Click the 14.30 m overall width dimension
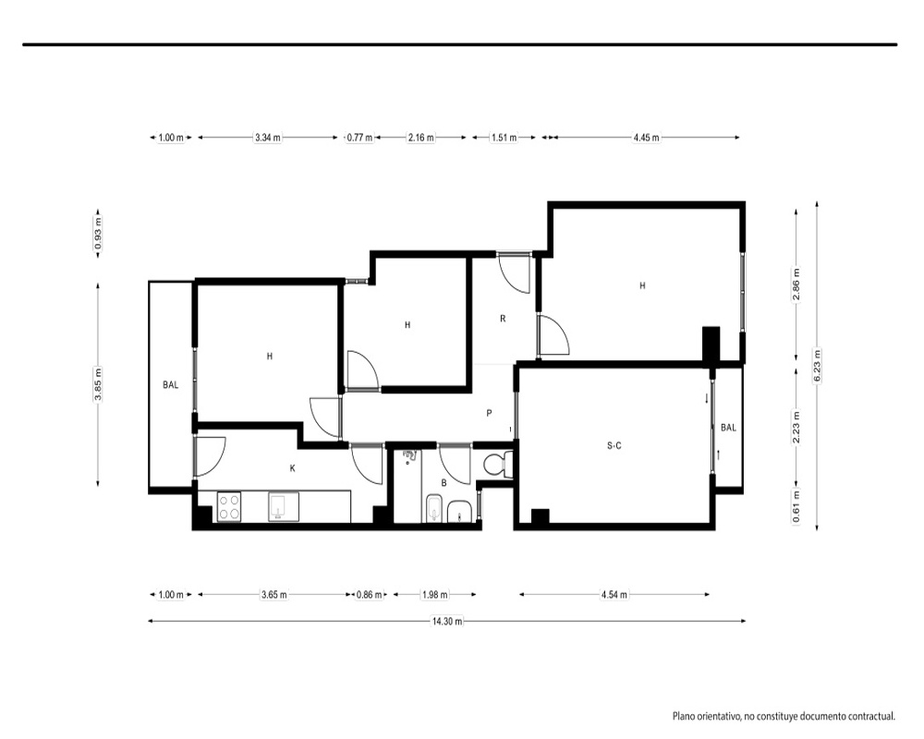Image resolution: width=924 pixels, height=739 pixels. click(x=447, y=621)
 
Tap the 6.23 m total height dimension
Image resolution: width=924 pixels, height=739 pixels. click(x=817, y=366)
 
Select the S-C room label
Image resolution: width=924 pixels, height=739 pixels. click(x=614, y=446)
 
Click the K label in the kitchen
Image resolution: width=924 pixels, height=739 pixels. click(x=292, y=468)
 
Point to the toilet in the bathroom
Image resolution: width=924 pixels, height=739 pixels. click(x=497, y=465)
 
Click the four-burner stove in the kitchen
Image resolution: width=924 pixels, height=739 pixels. click(x=228, y=506)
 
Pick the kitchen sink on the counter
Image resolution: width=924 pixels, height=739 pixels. click(x=284, y=506)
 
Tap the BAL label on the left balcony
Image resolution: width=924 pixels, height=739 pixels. click(x=170, y=385)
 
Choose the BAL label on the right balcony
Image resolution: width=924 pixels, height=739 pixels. click(x=728, y=428)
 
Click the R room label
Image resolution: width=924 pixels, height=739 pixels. click(x=503, y=319)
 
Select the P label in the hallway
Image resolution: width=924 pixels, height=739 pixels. click(x=489, y=413)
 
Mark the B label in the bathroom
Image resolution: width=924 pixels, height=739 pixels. click(x=444, y=482)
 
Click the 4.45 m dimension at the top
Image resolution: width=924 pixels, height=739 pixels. click(x=647, y=138)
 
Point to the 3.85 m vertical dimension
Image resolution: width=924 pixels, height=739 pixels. click(x=98, y=384)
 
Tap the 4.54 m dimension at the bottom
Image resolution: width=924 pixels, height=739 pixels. click(x=614, y=595)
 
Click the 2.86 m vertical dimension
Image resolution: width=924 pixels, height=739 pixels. click(x=796, y=285)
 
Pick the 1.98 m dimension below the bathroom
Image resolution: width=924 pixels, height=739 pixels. click(x=435, y=595)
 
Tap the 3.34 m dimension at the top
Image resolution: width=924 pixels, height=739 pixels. click(x=268, y=138)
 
